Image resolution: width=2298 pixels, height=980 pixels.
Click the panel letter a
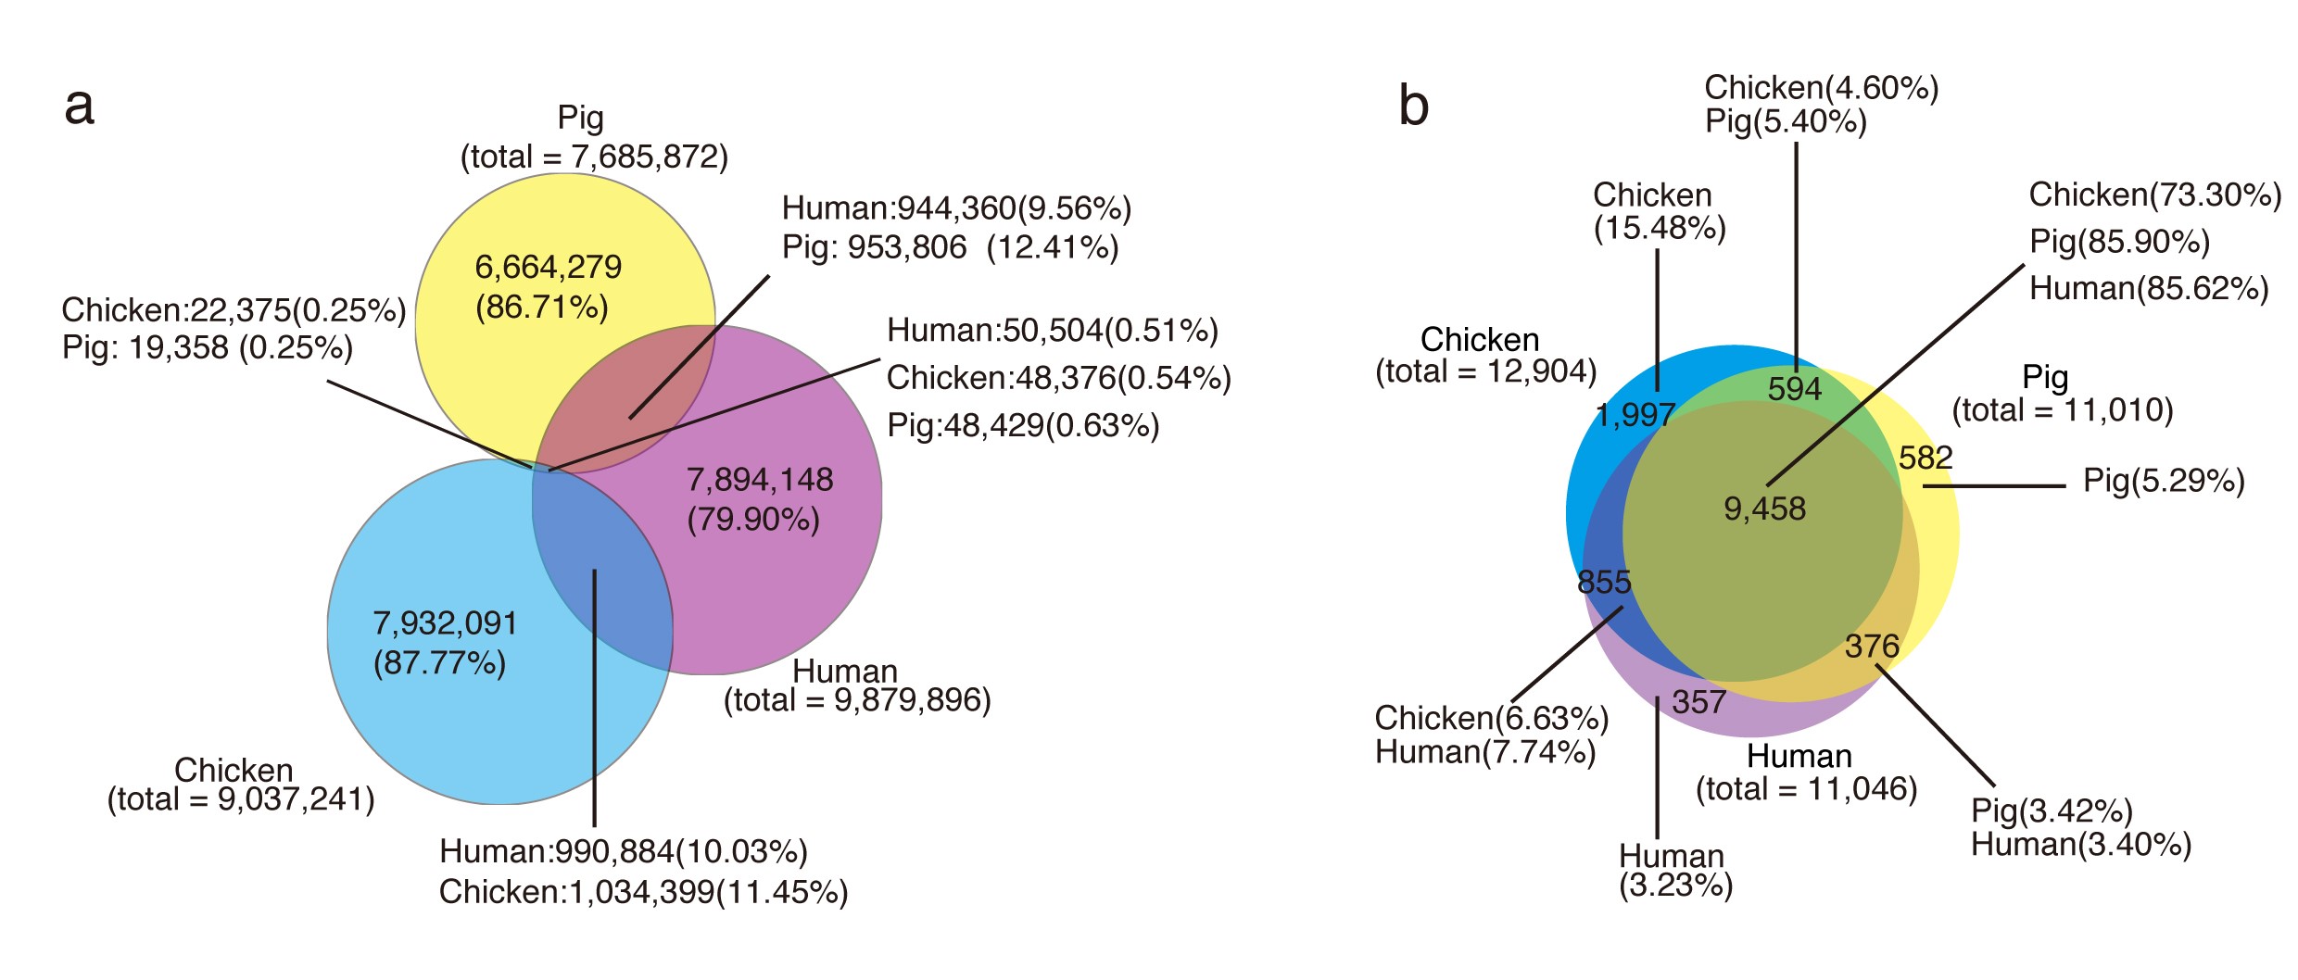point(80,107)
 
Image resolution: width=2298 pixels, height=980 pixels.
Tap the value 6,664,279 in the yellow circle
point(548,268)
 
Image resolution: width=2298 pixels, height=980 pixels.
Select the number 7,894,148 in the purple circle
point(760,480)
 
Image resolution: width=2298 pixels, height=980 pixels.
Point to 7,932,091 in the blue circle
point(445,623)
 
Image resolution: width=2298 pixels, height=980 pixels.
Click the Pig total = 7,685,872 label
point(594,138)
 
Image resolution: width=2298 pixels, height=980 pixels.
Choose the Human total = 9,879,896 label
point(857,685)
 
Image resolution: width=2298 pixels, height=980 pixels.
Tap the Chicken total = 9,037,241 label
point(241,785)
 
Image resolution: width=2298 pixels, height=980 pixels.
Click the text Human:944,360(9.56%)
point(956,208)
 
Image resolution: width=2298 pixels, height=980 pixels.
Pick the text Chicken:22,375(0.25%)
point(234,310)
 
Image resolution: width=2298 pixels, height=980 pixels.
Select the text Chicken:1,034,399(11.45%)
point(643,892)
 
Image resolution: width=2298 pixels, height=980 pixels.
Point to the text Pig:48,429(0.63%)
point(1023,425)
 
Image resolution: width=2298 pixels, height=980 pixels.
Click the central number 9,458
point(1764,509)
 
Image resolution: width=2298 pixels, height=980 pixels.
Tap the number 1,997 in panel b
point(1635,415)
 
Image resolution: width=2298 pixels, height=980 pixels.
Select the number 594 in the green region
point(1795,389)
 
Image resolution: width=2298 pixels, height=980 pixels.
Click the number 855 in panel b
point(1604,582)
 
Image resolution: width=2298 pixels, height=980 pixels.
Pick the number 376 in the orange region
point(1872,646)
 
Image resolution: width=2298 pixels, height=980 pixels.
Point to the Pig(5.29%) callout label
point(2164,481)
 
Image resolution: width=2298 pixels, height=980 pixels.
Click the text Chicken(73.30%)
point(2155,195)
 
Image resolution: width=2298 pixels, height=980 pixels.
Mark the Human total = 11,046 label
point(1806,773)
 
